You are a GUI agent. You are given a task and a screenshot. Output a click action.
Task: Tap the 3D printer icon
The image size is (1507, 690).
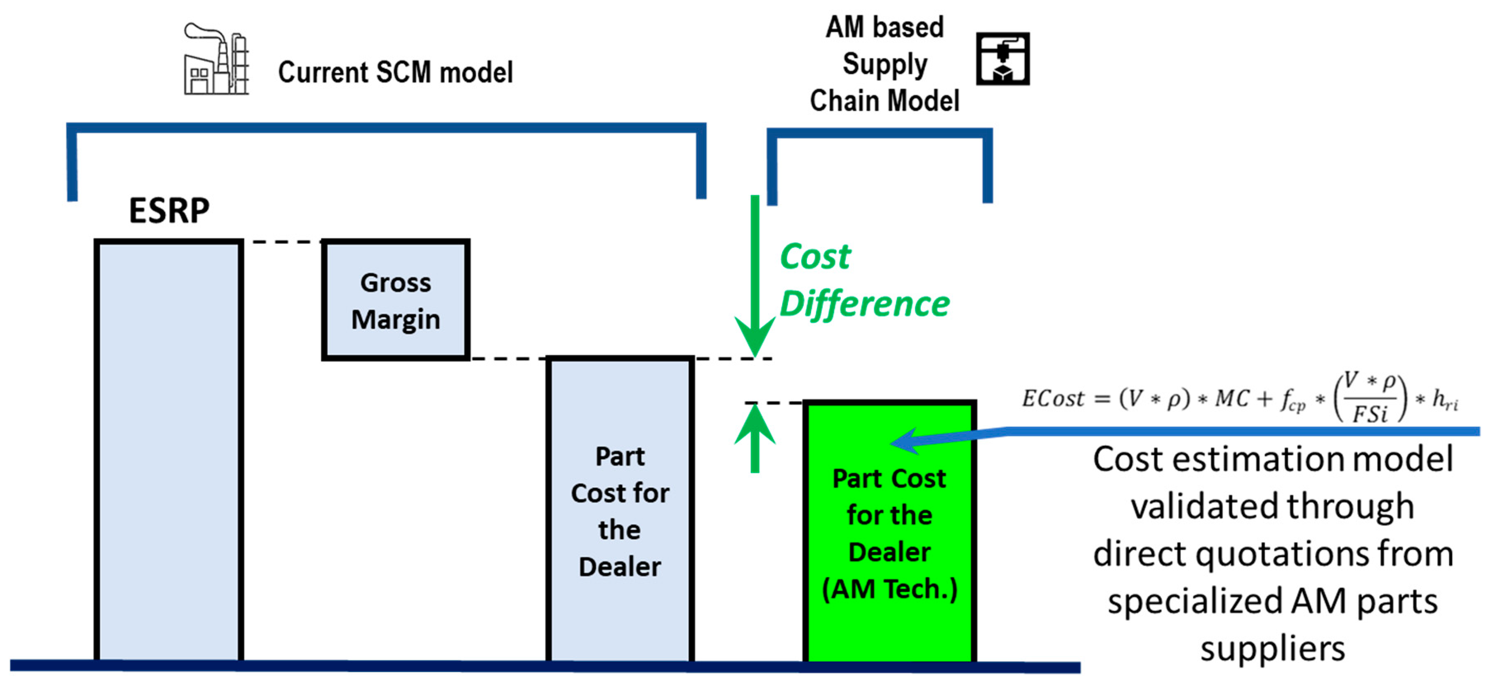(x=1002, y=59)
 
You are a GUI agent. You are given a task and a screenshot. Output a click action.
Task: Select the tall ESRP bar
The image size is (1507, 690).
(x=168, y=450)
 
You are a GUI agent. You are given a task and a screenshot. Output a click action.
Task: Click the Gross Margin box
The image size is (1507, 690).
(x=396, y=299)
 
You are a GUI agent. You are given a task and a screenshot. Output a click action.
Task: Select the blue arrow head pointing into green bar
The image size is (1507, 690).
(x=904, y=441)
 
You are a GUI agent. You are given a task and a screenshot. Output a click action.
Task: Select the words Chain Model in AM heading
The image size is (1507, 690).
(x=884, y=101)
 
